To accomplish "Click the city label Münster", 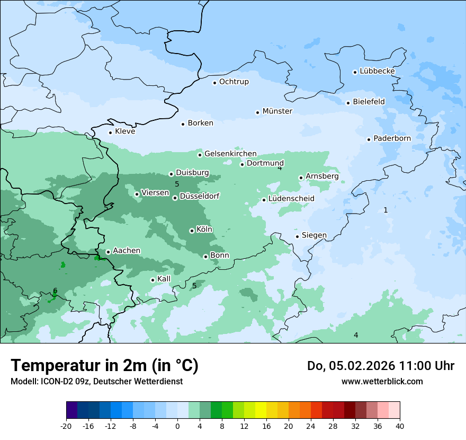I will click(x=277, y=111).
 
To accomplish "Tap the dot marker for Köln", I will click(x=192, y=231).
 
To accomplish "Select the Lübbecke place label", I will click(x=377, y=71).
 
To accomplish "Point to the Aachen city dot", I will click(x=108, y=252).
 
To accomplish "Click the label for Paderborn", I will click(x=392, y=138).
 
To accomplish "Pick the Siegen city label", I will click(x=314, y=235).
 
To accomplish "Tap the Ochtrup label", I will click(x=234, y=82).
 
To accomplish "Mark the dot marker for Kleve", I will click(x=110, y=133).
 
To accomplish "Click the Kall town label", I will click(x=164, y=279).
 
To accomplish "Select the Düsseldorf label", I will click(x=200, y=197).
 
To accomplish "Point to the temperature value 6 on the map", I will click(x=55, y=291).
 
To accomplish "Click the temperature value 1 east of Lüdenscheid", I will click(x=386, y=210).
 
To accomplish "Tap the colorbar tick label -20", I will click(x=66, y=426).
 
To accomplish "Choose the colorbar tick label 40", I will click(x=400, y=426).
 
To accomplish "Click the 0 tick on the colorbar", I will click(x=177, y=426).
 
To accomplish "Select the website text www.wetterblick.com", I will click(x=382, y=381).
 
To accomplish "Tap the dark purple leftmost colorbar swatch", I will click(x=71, y=410).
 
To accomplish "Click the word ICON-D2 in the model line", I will click(x=55, y=381).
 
